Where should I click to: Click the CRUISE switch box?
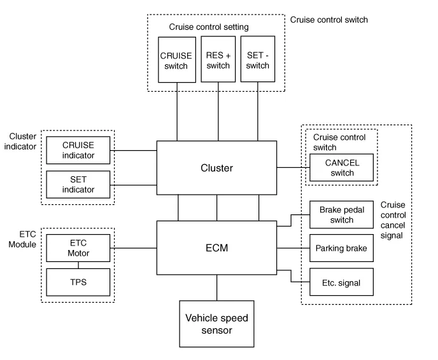[175, 59]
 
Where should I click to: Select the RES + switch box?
[218, 59]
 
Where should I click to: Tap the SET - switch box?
[258, 59]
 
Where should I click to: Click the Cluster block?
[216, 168]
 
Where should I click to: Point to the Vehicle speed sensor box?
[216, 324]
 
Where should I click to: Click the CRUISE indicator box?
[78, 150]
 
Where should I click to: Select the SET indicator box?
[78, 184]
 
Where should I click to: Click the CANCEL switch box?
[342, 168]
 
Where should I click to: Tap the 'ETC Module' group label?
[22, 238]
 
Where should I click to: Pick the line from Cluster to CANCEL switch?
[293, 168]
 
